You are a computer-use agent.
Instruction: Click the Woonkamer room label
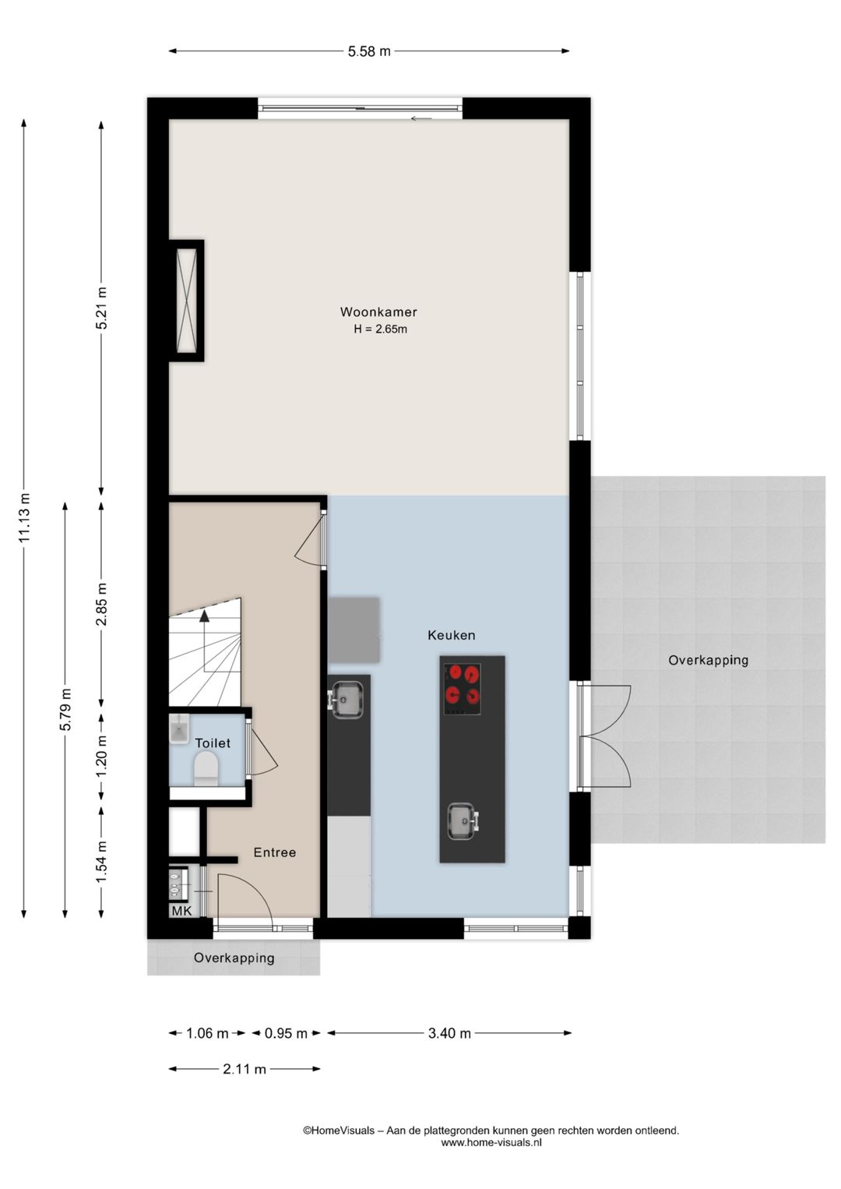(379, 312)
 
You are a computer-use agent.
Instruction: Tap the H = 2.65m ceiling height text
(381, 329)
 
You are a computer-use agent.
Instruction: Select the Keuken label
(452, 635)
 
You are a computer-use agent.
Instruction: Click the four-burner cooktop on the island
(463, 689)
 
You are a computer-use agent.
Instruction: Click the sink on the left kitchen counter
(347, 700)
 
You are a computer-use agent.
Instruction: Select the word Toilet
(213, 743)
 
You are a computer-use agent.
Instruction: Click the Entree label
(274, 852)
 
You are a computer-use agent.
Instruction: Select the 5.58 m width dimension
(369, 51)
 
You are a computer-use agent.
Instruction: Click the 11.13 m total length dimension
(24, 517)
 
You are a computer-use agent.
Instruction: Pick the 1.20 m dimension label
(101, 757)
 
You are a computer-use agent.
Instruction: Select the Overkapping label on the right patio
(708, 660)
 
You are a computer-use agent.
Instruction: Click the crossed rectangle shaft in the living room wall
(186, 301)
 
